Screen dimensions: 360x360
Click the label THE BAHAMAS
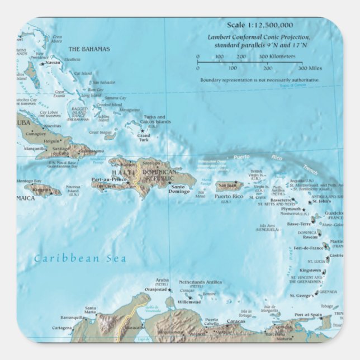tap(89, 49)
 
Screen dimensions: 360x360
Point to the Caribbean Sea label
tap(80, 258)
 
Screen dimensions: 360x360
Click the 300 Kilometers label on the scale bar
tap(277, 56)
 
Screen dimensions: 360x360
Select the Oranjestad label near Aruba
tap(156, 289)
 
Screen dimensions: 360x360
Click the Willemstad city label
tap(189, 301)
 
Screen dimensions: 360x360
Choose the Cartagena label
tap(62, 328)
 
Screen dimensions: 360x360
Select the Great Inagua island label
tap(101, 132)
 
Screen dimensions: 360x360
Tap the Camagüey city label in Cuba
tap(36, 134)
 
